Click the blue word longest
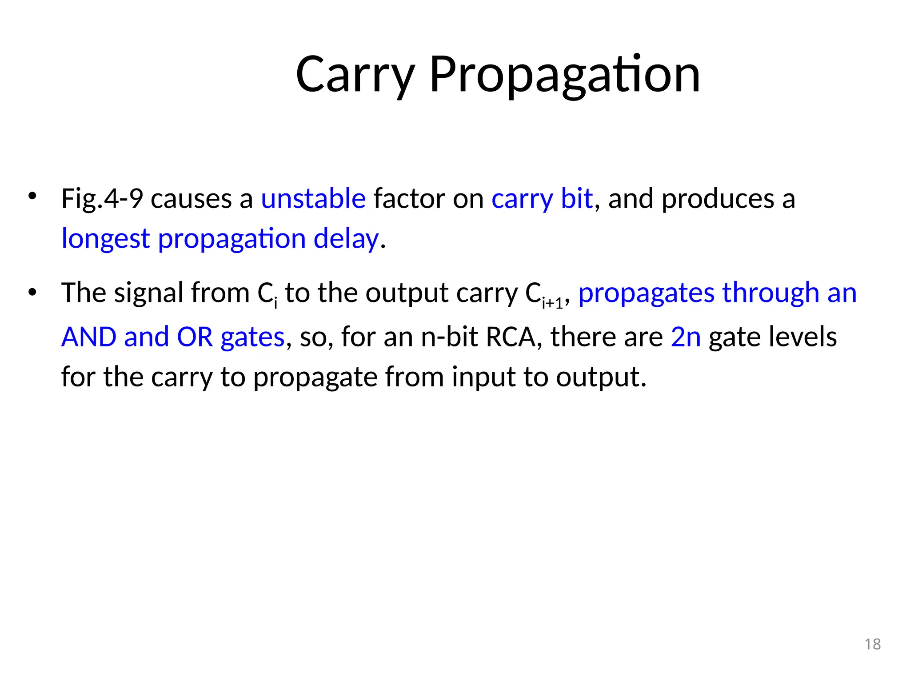(105, 239)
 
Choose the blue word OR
(195, 337)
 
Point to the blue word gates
(252, 337)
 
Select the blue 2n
(686, 337)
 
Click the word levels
(804, 337)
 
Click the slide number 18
(873, 644)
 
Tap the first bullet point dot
(32, 196)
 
